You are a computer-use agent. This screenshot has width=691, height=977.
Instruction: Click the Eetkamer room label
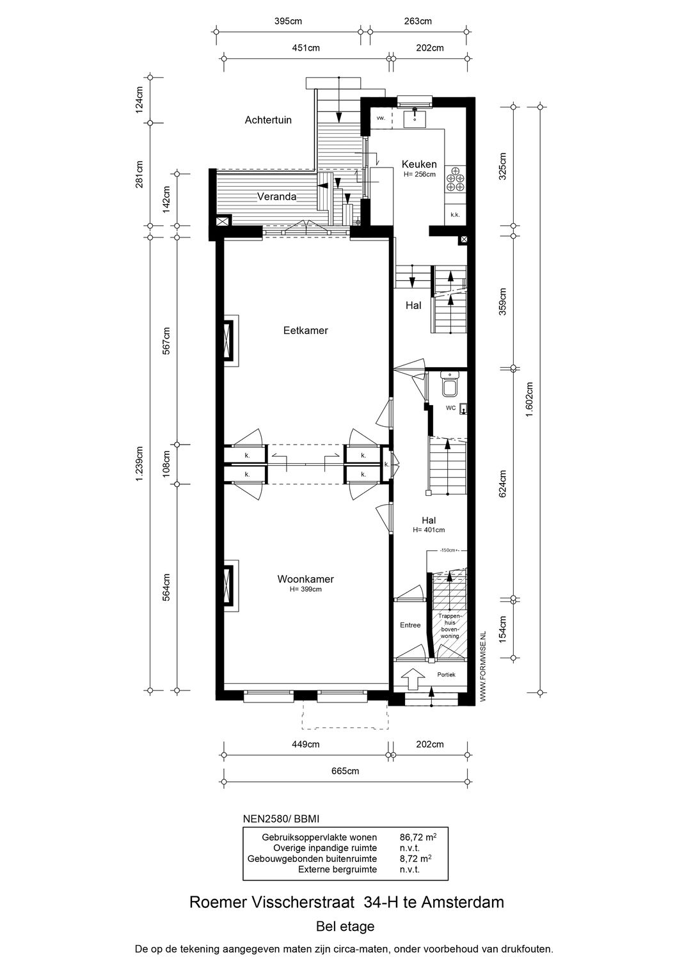click(306, 331)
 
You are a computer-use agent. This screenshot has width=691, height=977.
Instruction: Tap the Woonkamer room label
click(305, 579)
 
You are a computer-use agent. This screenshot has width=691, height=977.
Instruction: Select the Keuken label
click(419, 164)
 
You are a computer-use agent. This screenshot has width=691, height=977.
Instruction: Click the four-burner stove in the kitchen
click(457, 179)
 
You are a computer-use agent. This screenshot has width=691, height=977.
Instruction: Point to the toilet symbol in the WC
click(450, 386)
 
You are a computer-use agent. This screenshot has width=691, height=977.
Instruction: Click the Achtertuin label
click(268, 120)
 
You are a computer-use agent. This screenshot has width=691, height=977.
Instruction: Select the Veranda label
click(276, 196)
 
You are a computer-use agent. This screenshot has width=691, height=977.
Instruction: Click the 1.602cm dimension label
click(529, 400)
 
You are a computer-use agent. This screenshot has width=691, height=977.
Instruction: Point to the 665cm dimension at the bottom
click(345, 771)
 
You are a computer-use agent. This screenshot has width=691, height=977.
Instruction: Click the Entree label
click(410, 625)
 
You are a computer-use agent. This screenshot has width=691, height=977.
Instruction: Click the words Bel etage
click(345, 926)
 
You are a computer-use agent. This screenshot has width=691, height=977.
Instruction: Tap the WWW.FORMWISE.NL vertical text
click(483, 665)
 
